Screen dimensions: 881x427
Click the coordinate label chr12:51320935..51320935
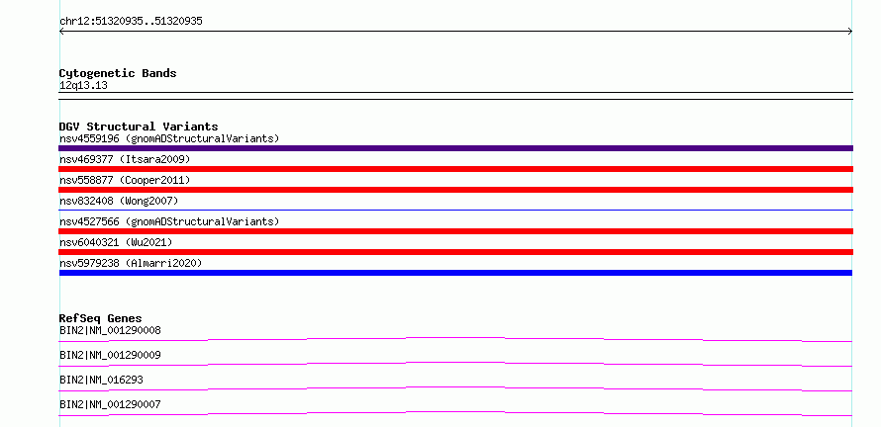(131, 22)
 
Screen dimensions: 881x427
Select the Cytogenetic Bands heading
(118, 73)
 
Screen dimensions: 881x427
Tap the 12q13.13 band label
(83, 86)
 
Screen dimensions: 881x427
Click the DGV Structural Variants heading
(139, 127)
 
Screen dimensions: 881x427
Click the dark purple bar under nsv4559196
(455, 148)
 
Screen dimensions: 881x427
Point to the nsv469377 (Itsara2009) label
(125, 159)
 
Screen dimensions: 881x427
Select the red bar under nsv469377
(455, 169)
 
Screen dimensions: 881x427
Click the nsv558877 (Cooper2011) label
(125, 180)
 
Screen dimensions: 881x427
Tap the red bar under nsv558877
(455, 190)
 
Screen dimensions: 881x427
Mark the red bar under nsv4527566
(455, 231)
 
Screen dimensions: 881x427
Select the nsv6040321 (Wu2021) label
(116, 242)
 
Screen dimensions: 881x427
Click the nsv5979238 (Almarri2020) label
(131, 263)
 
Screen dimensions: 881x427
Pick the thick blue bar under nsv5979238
(455, 273)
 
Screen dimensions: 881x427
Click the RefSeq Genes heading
(101, 318)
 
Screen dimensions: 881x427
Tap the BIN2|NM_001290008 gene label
(110, 330)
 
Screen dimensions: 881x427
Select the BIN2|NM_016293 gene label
(101, 380)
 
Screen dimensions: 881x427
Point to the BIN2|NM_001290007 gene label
(110, 404)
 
